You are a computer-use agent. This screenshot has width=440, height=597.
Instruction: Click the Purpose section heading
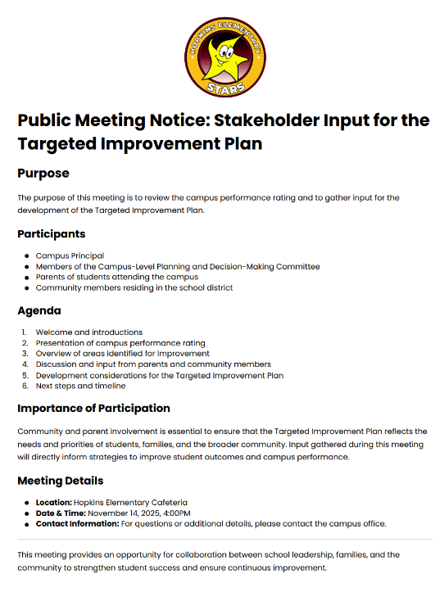(x=43, y=174)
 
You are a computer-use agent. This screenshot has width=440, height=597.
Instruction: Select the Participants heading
(x=52, y=234)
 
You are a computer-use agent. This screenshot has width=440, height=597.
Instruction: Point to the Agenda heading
(x=39, y=310)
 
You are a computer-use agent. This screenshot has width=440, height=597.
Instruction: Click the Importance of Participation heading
(x=94, y=408)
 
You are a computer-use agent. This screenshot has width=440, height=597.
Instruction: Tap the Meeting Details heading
(x=61, y=480)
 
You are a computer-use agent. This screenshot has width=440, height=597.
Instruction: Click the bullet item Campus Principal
(x=70, y=256)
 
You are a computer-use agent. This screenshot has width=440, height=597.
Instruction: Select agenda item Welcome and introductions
(x=88, y=332)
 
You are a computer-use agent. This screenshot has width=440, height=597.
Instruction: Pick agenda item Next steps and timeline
(x=80, y=386)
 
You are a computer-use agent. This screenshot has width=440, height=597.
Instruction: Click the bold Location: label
(x=55, y=502)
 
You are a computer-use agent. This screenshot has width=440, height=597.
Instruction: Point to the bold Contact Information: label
(x=77, y=523)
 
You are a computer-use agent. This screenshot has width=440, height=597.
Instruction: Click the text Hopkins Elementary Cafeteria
(x=132, y=502)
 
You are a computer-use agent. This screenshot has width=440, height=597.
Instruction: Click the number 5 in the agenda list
(x=25, y=375)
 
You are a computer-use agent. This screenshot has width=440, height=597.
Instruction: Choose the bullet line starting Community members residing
(x=134, y=287)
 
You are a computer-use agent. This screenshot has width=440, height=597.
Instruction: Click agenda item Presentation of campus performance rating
(x=120, y=343)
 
